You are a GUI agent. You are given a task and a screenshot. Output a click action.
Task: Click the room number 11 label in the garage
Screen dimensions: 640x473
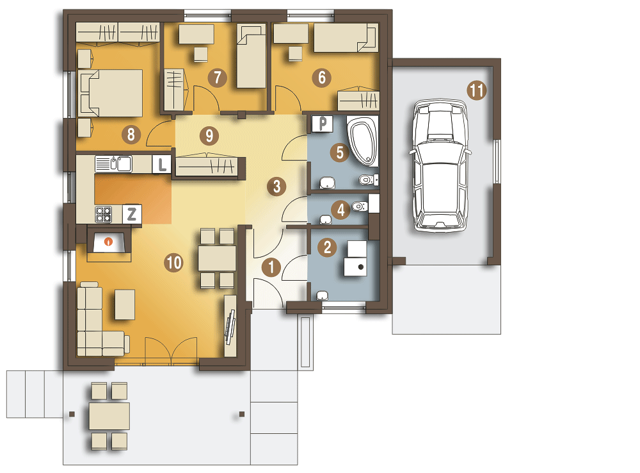(477, 90)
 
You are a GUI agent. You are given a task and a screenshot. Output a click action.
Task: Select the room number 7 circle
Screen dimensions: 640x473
(217, 78)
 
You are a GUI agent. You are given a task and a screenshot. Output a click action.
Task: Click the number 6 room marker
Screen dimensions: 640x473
(322, 78)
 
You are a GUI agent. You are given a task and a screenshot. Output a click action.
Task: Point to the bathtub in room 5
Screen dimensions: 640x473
(363, 141)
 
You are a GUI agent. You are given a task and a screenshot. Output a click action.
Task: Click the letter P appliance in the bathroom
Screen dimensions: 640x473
(323, 124)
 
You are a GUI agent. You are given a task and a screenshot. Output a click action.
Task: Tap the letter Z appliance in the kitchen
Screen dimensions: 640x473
(132, 214)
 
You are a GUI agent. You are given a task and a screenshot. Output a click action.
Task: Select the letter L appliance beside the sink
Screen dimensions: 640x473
(162, 165)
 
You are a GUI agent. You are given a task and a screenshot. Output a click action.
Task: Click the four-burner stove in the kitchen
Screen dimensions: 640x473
(103, 214)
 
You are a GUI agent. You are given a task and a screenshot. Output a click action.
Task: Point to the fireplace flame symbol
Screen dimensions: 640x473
(108, 242)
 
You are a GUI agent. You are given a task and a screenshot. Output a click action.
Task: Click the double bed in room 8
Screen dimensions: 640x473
(111, 93)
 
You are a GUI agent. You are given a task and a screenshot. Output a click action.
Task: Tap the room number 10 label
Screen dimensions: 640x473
(173, 263)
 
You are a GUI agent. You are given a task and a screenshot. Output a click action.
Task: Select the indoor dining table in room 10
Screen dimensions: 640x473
(217, 258)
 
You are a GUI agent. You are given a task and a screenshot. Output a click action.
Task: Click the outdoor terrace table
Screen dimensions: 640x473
(109, 416)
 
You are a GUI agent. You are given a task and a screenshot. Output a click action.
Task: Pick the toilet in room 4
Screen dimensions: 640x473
(360, 206)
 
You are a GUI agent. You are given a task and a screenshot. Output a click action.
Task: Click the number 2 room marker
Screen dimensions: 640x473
(327, 247)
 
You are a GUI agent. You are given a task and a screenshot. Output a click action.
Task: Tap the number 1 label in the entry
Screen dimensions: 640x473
(271, 267)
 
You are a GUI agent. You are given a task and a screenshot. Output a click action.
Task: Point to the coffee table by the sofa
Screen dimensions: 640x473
(125, 304)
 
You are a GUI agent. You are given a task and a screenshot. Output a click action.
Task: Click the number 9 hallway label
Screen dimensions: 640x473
(209, 136)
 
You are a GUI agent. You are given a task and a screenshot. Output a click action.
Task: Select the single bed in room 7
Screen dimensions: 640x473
(252, 56)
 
